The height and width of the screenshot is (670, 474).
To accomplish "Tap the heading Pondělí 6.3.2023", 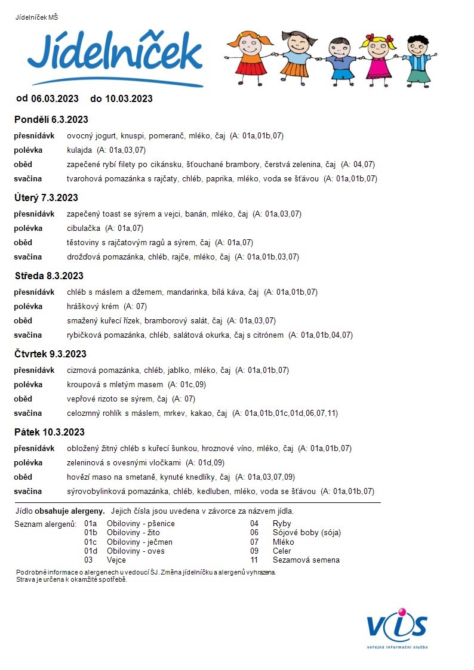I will pyautogui.click(x=51, y=119).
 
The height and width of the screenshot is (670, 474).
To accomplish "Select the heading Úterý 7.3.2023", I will pyautogui.click(x=46, y=197).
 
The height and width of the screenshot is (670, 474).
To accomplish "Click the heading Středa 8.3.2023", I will pyautogui.click(x=49, y=276).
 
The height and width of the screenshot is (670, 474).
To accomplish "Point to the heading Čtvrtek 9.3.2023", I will pyautogui.click(x=50, y=354).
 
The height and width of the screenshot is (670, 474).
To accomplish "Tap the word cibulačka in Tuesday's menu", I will pyautogui.click(x=84, y=228).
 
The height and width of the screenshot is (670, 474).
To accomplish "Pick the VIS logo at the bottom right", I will pyautogui.click(x=397, y=627).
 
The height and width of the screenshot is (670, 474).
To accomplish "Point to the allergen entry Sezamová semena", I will pyautogui.click(x=306, y=560).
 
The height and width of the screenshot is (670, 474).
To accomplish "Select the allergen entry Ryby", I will pyautogui.click(x=282, y=524).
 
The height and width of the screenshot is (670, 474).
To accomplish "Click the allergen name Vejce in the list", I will pyautogui.click(x=116, y=560).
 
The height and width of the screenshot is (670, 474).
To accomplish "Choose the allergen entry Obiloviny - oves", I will pyautogui.click(x=135, y=551).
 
